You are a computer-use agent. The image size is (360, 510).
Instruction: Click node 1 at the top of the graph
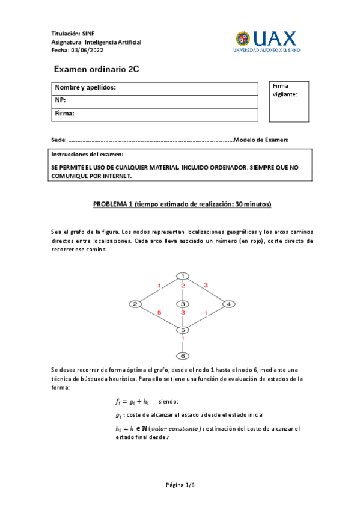point(182,276)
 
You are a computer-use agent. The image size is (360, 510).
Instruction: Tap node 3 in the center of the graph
point(182,304)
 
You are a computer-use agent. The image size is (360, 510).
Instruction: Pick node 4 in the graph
point(228,304)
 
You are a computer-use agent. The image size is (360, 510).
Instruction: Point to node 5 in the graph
point(182,330)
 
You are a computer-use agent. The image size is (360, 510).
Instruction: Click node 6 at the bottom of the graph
point(182,356)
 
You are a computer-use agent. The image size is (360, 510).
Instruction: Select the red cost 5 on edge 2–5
point(159,313)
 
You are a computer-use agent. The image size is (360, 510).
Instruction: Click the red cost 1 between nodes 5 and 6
point(183,340)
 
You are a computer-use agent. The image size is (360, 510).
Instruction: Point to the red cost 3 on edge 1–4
point(206,284)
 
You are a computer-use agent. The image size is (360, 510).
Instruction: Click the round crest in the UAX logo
point(243,39)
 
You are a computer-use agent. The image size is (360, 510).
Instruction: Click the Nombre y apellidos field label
point(85,88)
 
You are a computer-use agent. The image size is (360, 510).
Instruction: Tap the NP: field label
point(61,100)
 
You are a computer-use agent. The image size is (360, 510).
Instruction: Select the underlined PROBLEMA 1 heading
point(182,204)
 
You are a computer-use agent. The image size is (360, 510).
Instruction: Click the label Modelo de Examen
point(261,140)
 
